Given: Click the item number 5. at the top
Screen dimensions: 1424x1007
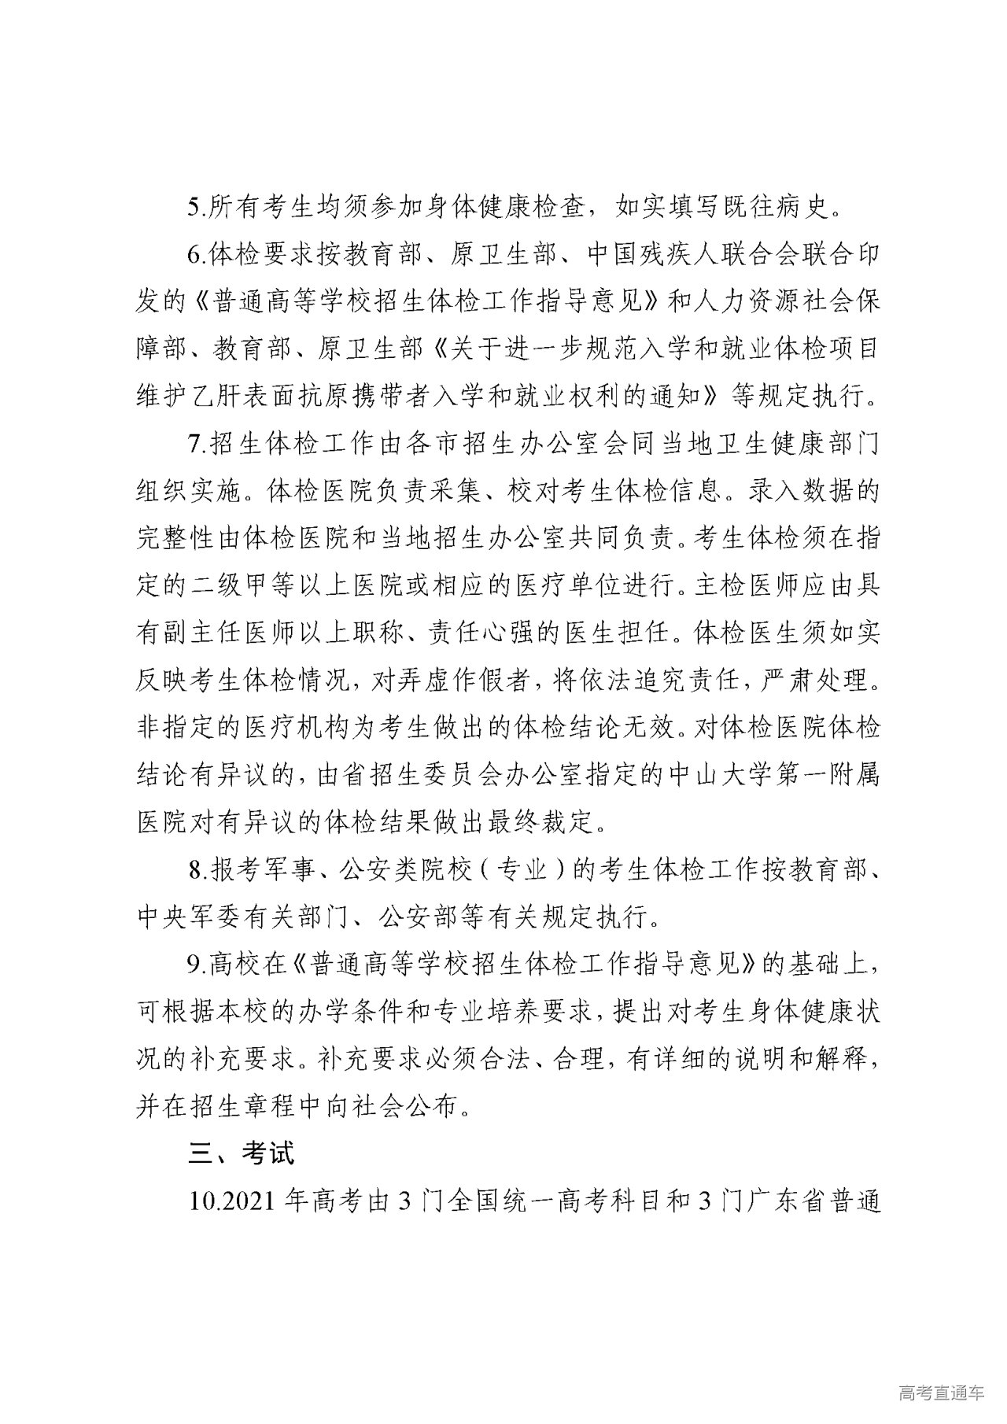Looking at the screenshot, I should click(x=197, y=209).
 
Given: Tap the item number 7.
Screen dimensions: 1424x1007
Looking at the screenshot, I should click(x=197, y=445).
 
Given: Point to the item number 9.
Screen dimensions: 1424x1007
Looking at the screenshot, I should click(x=197, y=965).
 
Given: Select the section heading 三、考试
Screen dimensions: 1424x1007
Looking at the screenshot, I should click(x=242, y=1154).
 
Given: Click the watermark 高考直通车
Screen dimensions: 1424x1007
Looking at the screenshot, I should click(x=941, y=1393).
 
